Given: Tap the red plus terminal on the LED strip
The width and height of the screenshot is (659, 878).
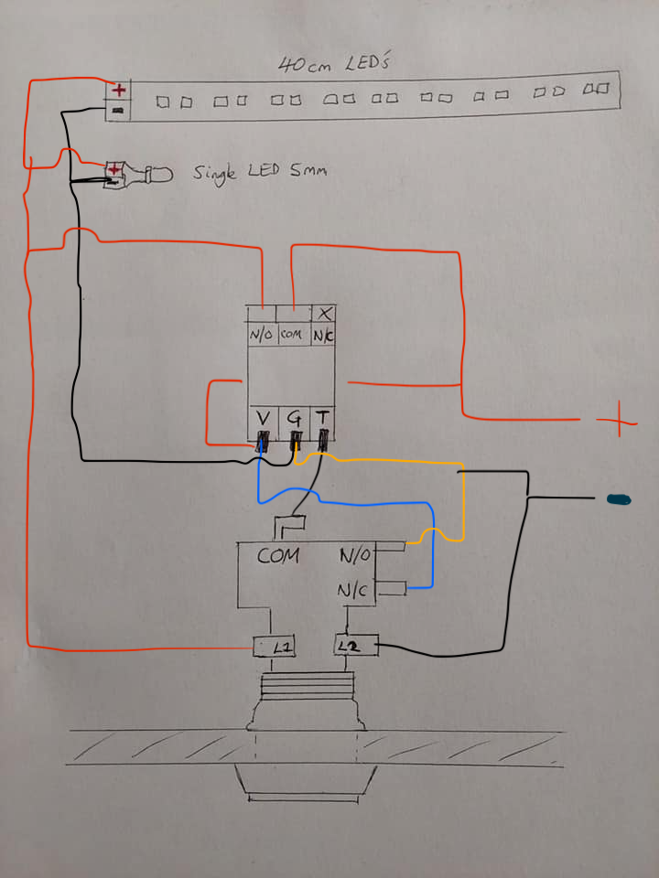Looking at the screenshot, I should tap(118, 90).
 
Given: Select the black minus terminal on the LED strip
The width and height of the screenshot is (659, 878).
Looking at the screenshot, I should tap(118, 111).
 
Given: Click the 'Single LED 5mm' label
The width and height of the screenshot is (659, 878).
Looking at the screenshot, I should tap(259, 171).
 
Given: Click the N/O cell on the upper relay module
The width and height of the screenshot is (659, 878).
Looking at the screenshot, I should tap(261, 335).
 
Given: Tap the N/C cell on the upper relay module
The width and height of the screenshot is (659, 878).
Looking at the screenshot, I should tap(323, 335).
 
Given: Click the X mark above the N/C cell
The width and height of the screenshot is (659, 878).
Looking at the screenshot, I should tap(324, 312).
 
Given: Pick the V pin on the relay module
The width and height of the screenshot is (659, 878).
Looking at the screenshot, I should tap(263, 420).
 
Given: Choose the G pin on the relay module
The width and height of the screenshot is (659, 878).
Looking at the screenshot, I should tap(295, 420).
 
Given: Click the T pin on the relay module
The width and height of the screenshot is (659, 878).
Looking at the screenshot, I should tap(323, 420).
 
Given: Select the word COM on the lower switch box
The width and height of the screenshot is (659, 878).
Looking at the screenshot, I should tap(278, 555).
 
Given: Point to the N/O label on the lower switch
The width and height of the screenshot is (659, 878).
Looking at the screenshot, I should tap(356, 555).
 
